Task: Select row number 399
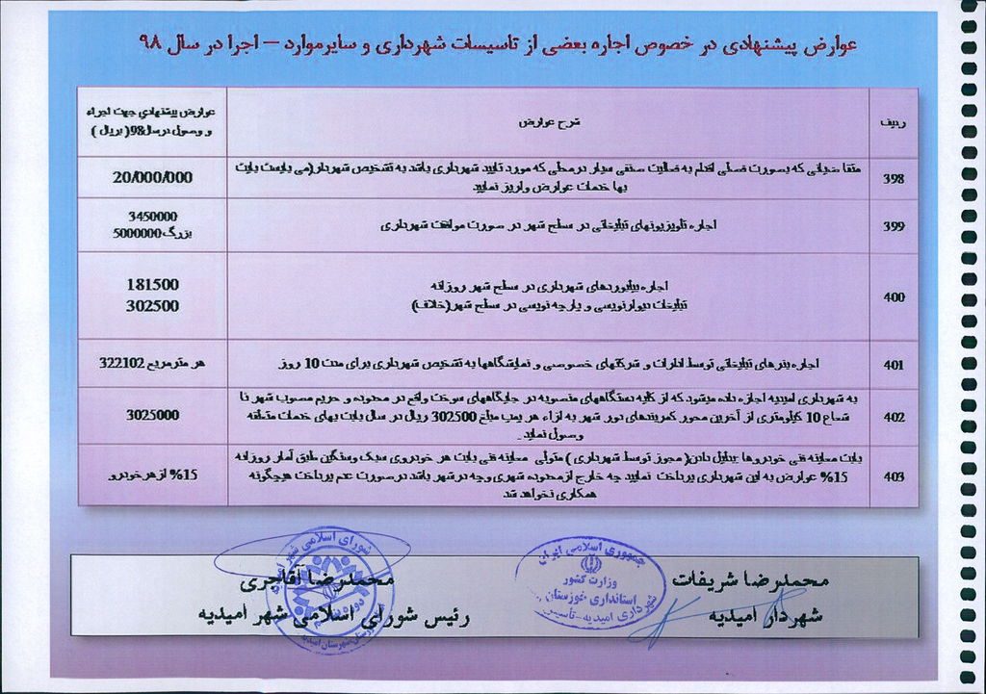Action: tap(893, 226)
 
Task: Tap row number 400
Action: tap(893, 296)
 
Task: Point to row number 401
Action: tap(893, 365)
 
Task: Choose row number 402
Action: tap(893, 417)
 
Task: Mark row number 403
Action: tap(893, 476)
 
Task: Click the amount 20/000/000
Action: tap(152, 177)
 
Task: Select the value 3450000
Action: tap(152, 217)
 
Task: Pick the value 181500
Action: tap(152, 286)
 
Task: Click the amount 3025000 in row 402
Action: tap(152, 416)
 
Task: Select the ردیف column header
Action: tap(893, 123)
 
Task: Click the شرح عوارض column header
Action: tap(546, 123)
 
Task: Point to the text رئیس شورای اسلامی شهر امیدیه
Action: tap(332, 614)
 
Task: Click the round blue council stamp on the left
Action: tap(303, 589)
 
